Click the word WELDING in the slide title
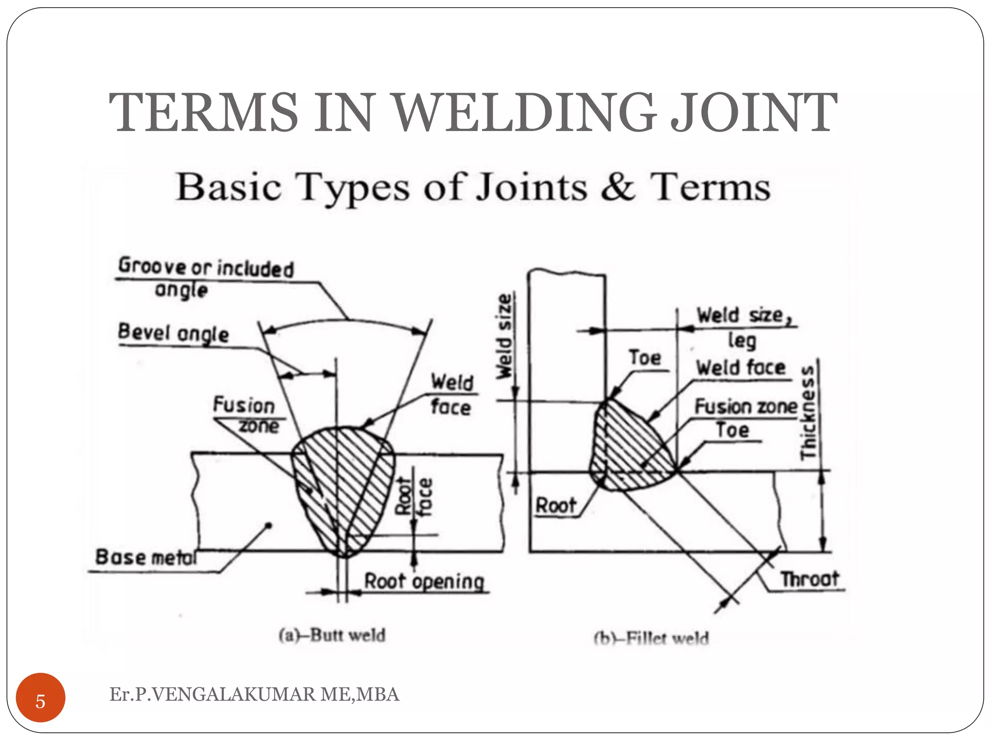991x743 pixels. [x=526, y=113]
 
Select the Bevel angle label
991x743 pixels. [x=173, y=333]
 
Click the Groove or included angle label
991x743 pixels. [x=206, y=278]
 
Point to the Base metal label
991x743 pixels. [x=146, y=557]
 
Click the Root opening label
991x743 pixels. [x=424, y=581]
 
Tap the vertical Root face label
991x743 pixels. [x=414, y=496]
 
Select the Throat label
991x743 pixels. [x=810, y=579]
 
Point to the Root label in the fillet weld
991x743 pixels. [x=556, y=506]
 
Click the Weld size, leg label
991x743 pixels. [x=743, y=326]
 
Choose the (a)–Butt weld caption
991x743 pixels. [x=332, y=635]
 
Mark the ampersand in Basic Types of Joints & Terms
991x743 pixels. [x=618, y=188]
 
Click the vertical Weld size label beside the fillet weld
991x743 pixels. [x=504, y=336]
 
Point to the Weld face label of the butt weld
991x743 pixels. [x=452, y=394]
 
